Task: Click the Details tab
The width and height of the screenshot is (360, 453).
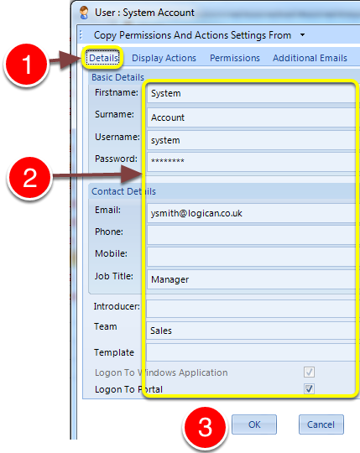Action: coord(104,58)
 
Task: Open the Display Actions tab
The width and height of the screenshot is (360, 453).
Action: coord(164,58)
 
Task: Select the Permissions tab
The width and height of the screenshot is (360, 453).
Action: coord(235,58)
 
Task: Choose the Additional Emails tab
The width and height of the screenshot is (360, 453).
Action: coord(310,58)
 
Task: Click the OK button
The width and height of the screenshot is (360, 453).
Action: coord(254,424)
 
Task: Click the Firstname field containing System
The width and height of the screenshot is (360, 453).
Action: coord(252,93)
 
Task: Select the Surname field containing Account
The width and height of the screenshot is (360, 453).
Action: coord(252,117)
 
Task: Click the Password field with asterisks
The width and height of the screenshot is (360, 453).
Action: coord(252,161)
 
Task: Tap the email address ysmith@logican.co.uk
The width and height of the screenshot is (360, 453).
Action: coord(196,213)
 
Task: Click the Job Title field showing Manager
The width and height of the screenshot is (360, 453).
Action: coord(252,279)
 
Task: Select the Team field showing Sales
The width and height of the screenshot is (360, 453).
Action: coord(251,331)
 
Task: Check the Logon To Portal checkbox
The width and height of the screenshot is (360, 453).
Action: coord(309,388)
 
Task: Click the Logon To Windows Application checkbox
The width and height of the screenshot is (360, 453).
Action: coord(309,372)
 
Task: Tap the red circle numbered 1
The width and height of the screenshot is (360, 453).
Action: coord(27,65)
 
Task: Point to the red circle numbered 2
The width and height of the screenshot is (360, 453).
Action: coord(29,178)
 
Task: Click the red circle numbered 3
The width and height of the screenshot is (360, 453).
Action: coord(205,428)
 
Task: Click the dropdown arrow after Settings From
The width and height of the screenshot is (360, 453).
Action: coord(302,35)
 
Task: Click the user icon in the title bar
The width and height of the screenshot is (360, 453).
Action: coord(84,13)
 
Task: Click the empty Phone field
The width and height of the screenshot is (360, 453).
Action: coord(252,235)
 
